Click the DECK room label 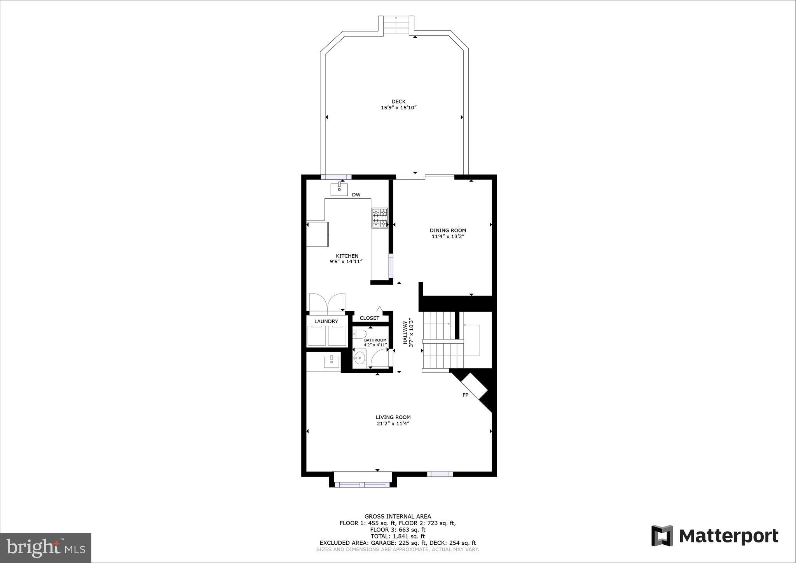click(x=398, y=101)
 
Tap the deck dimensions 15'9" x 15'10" click(x=398, y=108)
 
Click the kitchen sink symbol click(x=339, y=189)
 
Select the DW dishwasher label click(x=356, y=195)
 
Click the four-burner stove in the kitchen click(x=380, y=218)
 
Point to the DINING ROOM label click(x=448, y=230)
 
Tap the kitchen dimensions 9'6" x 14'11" click(x=346, y=262)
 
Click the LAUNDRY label click(x=326, y=321)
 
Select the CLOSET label click(x=369, y=318)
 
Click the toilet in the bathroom click(x=360, y=334)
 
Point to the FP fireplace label click(x=465, y=395)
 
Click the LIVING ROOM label click(x=393, y=417)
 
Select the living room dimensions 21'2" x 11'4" click(x=393, y=424)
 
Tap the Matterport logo click(x=715, y=536)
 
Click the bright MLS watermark click(x=46, y=547)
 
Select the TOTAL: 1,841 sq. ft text click(x=398, y=536)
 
